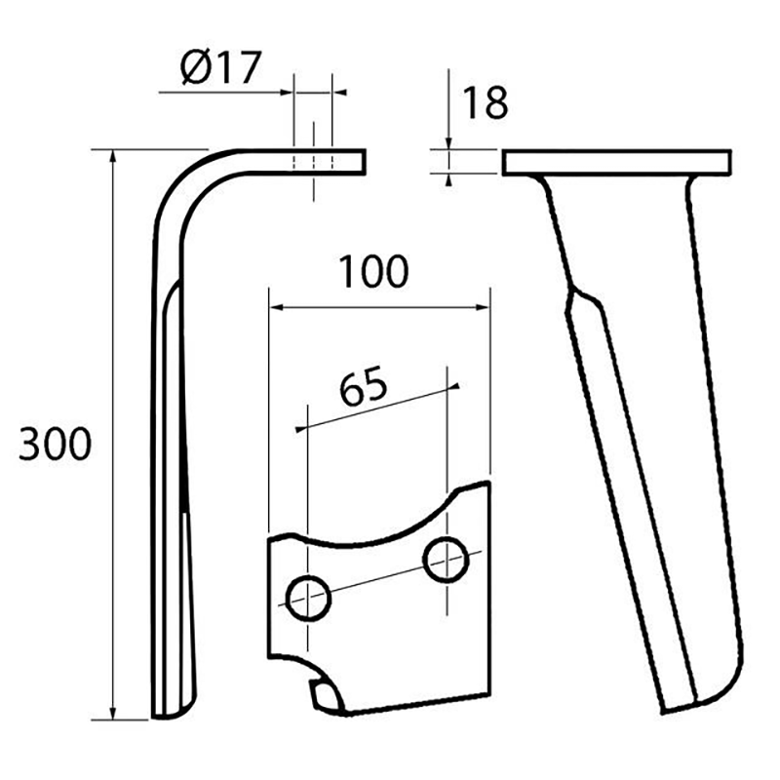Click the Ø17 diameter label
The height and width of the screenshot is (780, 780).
(220, 67)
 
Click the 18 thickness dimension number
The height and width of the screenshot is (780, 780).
(485, 103)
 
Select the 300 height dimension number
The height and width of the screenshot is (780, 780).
(56, 444)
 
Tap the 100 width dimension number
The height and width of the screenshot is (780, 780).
(373, 272)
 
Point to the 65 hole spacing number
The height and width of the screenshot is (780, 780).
(363, 384)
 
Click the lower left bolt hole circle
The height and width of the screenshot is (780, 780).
(309, 599)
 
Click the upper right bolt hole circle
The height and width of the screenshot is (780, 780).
(446, 560)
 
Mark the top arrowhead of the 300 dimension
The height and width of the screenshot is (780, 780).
(113, 155)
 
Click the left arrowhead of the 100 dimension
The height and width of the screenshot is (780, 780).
(275, 307)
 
